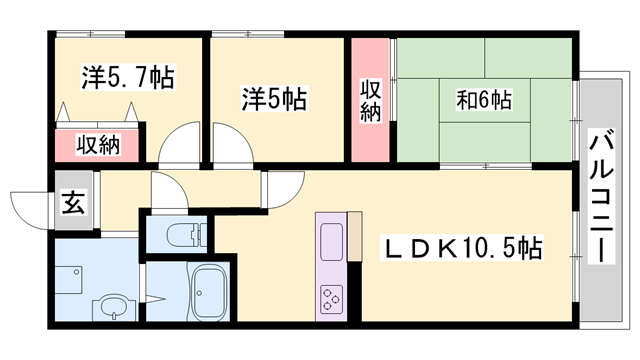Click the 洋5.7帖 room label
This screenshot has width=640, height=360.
[127, 78]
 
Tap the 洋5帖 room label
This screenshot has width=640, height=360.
[274, 101]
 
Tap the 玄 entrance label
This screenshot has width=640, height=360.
[73, 203]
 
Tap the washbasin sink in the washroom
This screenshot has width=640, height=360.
[113, 305]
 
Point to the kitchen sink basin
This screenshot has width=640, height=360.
[330, 240]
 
